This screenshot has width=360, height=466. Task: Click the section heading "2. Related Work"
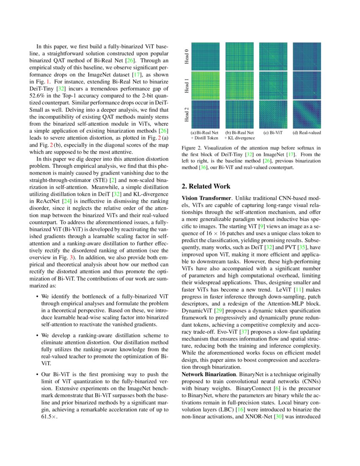pos(206,186)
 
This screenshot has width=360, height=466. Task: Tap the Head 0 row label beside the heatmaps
pos(187,56)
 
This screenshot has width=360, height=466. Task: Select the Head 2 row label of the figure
pos(187,114)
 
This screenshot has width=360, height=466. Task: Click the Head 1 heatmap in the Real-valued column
pos(307,85)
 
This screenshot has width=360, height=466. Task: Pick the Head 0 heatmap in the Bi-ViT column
pos(273,56)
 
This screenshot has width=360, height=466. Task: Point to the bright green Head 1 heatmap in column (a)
pos(205,85)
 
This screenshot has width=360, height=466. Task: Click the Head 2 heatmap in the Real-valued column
pos(307,114)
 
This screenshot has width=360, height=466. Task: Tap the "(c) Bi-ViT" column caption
pos(273,133)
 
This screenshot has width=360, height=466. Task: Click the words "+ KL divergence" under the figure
pos(240,138)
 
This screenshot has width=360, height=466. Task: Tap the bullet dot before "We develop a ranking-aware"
pos(38,336)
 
